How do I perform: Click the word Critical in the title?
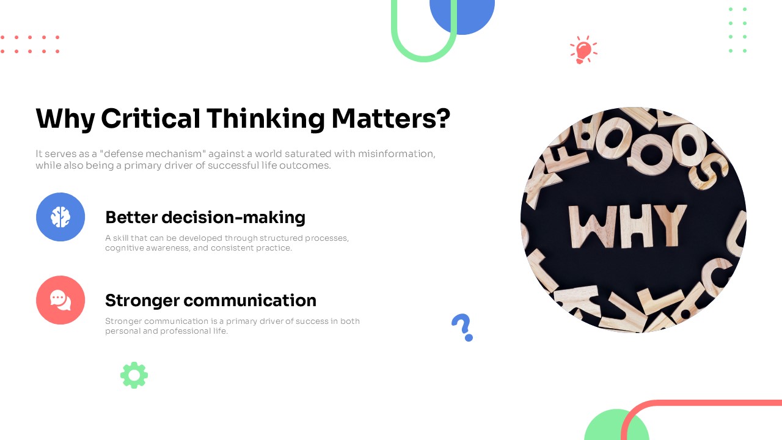coord(150,119)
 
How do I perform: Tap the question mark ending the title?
coord(444,119)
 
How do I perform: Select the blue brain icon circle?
coord(60,217)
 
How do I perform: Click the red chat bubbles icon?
coord(60,300)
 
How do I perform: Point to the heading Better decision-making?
coord(205,218)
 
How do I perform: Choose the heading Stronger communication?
coord(211,301)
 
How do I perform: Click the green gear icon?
coord(134,375)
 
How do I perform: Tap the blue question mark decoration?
coord(462,327)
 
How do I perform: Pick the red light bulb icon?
coord(583,50)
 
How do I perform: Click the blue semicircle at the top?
coord(462,15)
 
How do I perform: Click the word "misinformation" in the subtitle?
coord(397,153)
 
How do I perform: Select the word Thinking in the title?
coord(265,119)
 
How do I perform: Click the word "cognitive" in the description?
coord(123,248)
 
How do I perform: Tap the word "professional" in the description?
coord(188,331)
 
